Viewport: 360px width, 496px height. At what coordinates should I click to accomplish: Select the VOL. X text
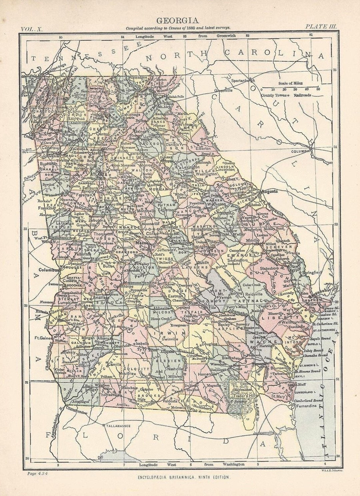[x=32, y=29]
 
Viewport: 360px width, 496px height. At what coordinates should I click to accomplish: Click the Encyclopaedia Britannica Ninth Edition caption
[x=184, y=478]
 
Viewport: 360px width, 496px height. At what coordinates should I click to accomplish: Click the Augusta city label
[x=269, y=192]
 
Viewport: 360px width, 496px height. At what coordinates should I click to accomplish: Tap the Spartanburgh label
[x=242, y=81]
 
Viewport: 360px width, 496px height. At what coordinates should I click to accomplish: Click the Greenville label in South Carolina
[x=223, y=90]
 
